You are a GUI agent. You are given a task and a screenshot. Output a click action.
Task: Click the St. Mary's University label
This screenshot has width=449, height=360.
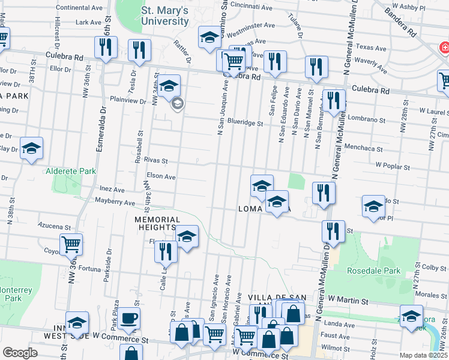164,16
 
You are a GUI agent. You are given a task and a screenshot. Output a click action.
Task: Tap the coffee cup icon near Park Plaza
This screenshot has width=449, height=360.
128,318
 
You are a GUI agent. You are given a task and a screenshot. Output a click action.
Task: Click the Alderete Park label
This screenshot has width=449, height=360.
71,171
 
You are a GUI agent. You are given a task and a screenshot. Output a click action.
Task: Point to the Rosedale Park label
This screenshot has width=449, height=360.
373,271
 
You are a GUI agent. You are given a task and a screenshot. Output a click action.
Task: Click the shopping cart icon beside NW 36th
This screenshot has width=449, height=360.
71,244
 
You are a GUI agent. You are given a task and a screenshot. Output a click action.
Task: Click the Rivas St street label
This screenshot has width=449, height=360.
155,161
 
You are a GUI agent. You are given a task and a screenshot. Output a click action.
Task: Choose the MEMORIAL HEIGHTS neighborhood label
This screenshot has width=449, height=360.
157,224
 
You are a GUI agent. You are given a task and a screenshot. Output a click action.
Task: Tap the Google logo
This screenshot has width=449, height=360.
20,353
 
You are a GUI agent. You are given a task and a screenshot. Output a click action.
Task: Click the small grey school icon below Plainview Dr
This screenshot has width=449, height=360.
176,104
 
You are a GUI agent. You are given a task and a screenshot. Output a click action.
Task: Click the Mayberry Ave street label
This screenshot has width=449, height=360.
115,203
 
